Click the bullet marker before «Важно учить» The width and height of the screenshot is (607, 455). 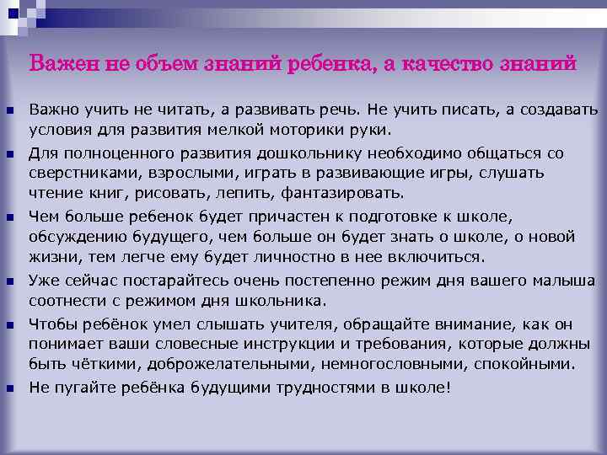click(8, 111)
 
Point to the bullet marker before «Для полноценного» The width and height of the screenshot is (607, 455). click(8, 154)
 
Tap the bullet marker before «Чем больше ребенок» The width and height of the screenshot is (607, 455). click(8, 217)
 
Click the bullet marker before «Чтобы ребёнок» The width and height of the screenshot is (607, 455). click(8, 324)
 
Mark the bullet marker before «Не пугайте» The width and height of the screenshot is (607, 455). click(8, 388)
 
